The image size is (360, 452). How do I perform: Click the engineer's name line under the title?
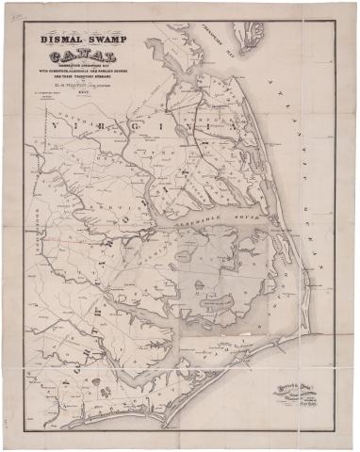pos(90,94)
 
